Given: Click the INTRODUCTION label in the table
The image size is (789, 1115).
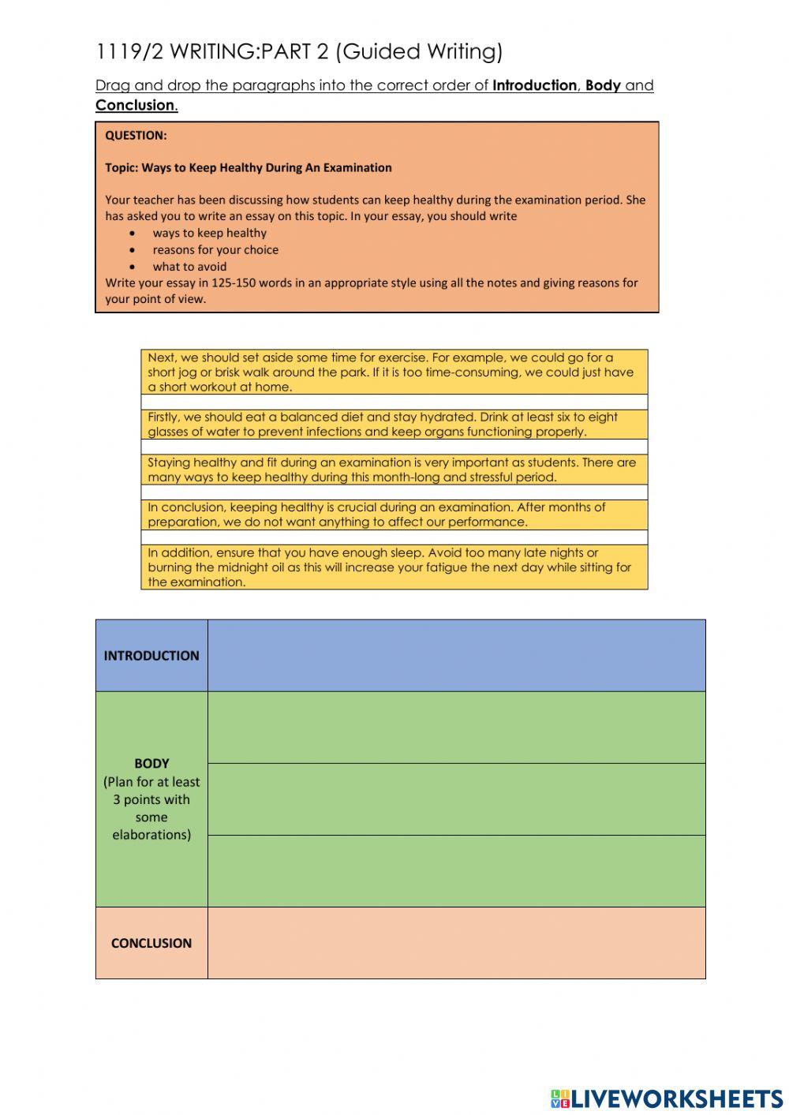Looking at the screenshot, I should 151,656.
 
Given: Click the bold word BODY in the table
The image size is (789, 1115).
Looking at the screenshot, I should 151,763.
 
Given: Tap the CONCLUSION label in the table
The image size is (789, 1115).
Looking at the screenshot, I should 151,943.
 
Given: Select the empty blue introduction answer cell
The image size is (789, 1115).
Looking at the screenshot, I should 456,656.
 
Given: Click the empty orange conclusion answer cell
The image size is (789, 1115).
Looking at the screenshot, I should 456,943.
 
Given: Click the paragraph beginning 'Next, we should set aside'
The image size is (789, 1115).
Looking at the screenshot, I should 394,372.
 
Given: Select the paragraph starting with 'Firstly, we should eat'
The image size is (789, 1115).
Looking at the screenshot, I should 394,425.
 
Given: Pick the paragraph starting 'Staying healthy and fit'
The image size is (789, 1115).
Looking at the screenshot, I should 394,470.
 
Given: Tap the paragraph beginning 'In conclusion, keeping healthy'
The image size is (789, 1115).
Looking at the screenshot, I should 394,514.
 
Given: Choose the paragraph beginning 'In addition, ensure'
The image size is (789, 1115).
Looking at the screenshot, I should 394,567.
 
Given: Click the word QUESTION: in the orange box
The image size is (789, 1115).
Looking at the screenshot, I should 136,136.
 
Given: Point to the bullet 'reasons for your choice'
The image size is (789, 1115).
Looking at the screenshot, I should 215,249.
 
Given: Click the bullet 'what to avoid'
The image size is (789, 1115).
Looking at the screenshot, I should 189,267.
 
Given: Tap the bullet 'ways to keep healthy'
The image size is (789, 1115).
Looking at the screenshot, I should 209,233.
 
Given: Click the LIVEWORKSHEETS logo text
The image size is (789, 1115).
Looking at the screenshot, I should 676,1098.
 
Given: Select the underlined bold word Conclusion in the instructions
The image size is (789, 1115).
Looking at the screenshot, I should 135,105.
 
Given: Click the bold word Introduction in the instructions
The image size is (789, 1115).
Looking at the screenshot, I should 534,85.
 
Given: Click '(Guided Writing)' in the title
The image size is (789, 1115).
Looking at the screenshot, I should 418,52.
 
